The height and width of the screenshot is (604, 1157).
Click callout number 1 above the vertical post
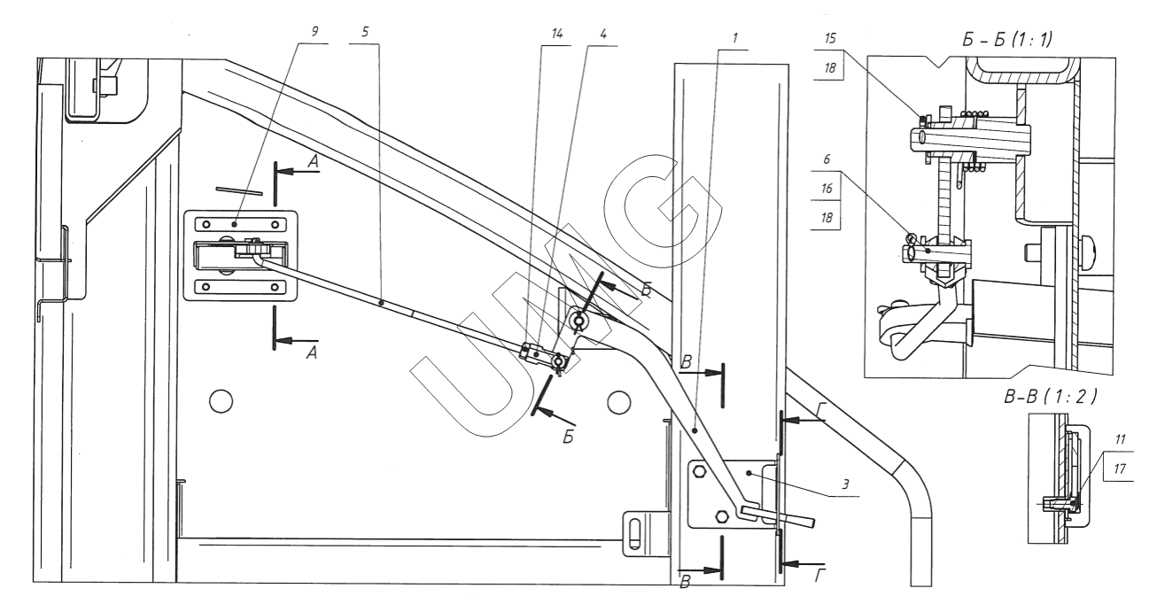coord(734,39)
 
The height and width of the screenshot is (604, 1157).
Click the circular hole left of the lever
coord(221,402)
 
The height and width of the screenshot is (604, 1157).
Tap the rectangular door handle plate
coord(239,254)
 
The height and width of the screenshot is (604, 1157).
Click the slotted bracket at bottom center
coord(637,534)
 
